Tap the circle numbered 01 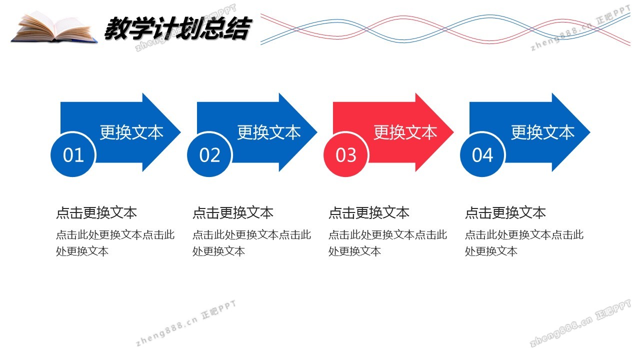click(73, 155)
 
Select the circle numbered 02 click(209, 155)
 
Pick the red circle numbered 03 click(346, 155)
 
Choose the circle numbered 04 click(482, 155)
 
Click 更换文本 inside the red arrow click(405, 132)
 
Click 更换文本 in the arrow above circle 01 click(131, 132)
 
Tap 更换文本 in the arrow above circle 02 click(268, 132)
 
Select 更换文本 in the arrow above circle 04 click(542, 132)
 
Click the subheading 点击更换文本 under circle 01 click(96, 213)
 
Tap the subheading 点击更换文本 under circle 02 click(233, 213)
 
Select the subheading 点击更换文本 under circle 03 click(369, 213)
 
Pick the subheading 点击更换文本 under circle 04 click(505, 213)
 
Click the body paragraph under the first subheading click(115, 242)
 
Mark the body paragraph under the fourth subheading click(524, 242)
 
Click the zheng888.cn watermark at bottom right click(580, 324)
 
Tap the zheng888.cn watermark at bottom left click(185, 323)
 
